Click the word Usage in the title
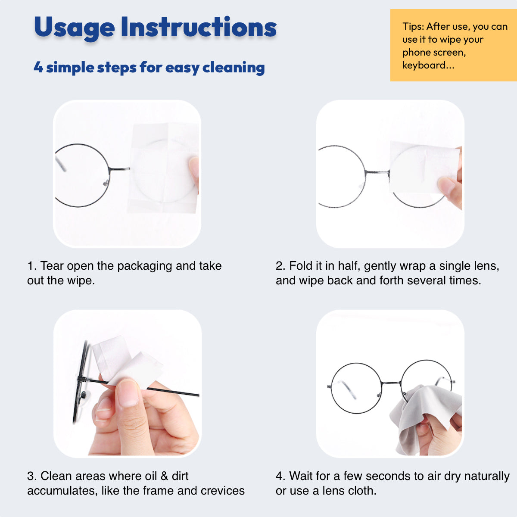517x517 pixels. pyautogui.click(x=74, y=28)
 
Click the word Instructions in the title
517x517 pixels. pyautogui.click(x=199, y=27)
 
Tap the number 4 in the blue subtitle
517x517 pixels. pyautogui.click(x=38, y=67)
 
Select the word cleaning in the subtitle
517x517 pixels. pyautogui.click(x=234, y=67)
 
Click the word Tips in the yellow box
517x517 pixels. pyautogui.click(x=413, y=27)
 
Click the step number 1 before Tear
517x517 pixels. pyautogui.click(x=31, y=266)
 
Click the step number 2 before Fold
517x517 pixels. pyautogui.click(x=280, y=266)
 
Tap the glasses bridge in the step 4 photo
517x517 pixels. pyautogui.click(x=391, y=383)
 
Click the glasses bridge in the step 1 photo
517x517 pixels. pyautogui.click(x=120, y=169)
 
